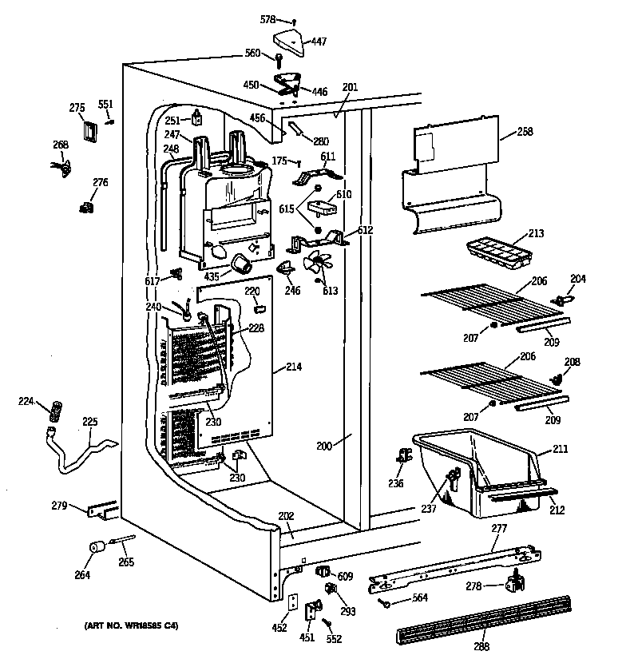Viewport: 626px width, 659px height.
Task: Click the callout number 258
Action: tap(525, 131)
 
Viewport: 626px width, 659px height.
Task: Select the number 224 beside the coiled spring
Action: tap(26, 402)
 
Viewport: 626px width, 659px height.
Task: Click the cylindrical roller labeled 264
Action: tap(97, 550)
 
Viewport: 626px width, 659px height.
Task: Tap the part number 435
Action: tap(212, 277)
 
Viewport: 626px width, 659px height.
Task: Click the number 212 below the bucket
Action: tap(557, 510)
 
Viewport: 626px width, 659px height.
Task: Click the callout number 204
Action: tap(577, 279)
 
